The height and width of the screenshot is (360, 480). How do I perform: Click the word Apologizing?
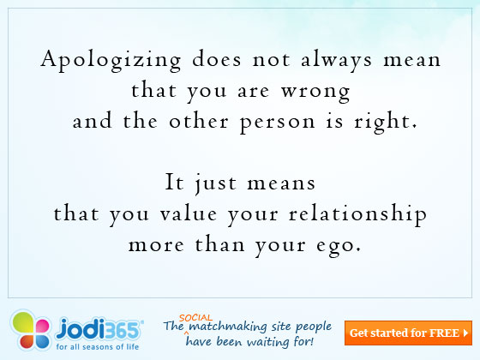(x=111, y=60)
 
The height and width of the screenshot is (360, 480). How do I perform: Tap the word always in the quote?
(x=336, y=60)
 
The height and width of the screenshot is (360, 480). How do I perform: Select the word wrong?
(x=315, y=93)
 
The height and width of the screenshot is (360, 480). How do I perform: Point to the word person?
(x=277, y=123)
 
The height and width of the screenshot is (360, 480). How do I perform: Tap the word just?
(x=216, y=183)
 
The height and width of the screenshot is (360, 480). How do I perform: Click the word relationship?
(x=357, y=214)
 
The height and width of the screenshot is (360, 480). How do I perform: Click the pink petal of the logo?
(x=42, y=326)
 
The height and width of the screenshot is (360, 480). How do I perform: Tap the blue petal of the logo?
(x=41, y=341)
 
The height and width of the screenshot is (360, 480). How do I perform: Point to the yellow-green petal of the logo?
(x=23, y=322)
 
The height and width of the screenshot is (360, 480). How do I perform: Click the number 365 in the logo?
(x=124, y=330)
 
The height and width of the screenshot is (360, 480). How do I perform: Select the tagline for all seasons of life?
(x=98, y=347)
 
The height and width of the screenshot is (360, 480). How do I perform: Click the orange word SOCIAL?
(x=195, y=318)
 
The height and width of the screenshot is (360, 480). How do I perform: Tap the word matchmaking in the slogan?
(x=228, y=327)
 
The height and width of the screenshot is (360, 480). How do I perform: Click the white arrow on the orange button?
(x=465, y=333)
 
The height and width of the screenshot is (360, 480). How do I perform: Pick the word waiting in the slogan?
(x=267, y=342)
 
